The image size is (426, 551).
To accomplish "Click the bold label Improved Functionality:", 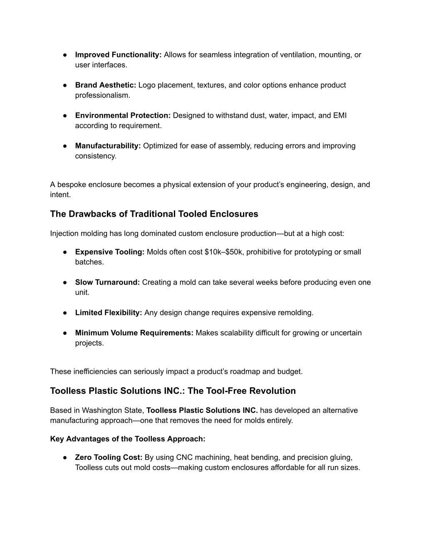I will tap(118, 55).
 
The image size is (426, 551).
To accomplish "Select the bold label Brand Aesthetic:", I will tap(106, 85).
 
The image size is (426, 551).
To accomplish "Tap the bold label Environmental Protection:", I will tap(123, 116).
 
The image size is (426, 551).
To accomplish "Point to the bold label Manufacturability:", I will tap(108, 146).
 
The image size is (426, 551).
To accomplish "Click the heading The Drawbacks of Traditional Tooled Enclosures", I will tap(154, 214).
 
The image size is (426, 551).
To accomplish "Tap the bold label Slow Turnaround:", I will tap(107, 282).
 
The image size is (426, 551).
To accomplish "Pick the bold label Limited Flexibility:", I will tap(109, 313).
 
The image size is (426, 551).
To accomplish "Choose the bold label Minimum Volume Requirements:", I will tap(134, 333).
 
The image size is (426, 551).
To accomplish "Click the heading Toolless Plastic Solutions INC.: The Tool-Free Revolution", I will tap(173, 391).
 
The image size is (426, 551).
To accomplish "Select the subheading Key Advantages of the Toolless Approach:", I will tap(128, 439).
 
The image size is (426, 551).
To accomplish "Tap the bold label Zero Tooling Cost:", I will tap(109, 457).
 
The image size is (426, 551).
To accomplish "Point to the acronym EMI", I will tap(340, 116).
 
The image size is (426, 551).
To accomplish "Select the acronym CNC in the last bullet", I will tap(184, 457).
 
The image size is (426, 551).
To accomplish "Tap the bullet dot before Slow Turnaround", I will tap(66, 282).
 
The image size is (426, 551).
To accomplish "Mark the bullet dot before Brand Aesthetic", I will tap(66, 85).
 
